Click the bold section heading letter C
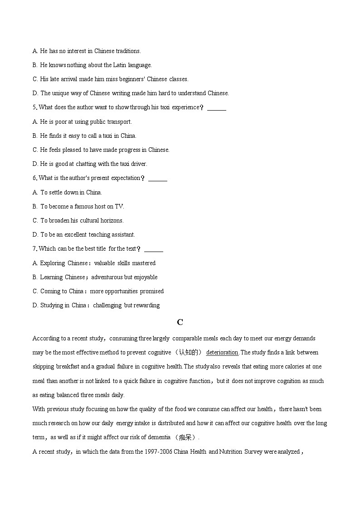coord(180,322)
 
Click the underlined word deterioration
coord(222,353)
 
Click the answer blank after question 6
coord(157,178)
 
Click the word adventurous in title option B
coord(107,277)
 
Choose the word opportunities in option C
coord(115,291)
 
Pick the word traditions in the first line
coord(128,51)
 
